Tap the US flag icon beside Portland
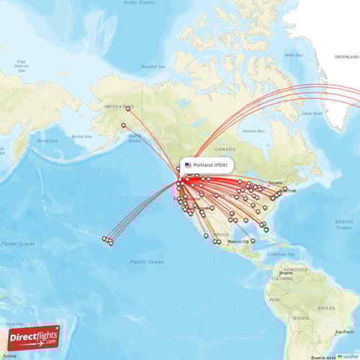click(188, 165)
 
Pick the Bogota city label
click(286, 273)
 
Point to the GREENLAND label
click(346, 56)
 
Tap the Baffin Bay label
click(294, 55)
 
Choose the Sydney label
click(9, 356)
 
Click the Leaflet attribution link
click(349, 356)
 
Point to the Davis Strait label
click(311, 112)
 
